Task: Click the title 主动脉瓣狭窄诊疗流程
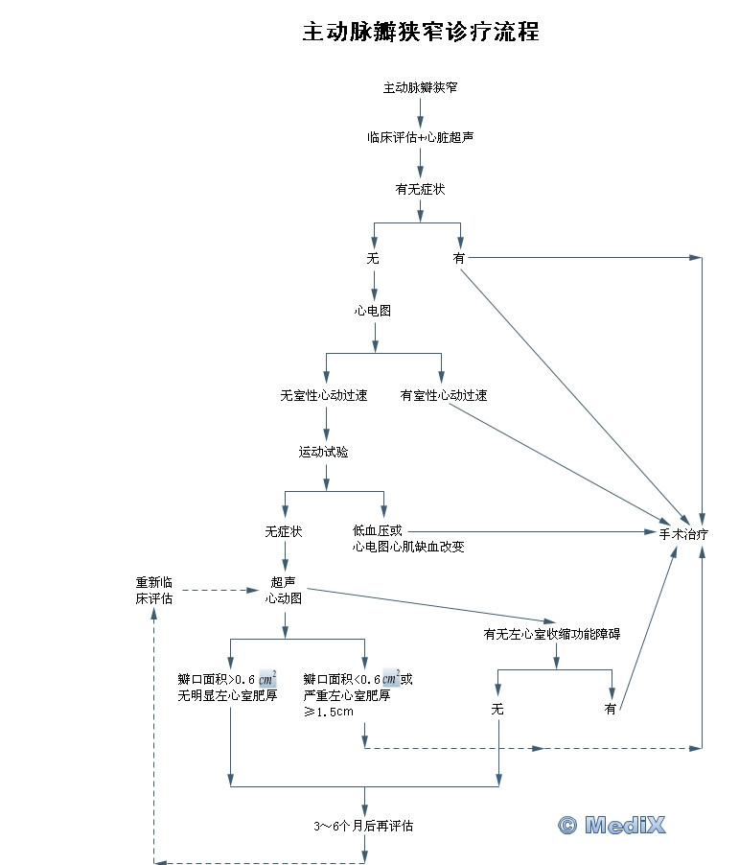point(421,32)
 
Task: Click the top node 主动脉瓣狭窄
point(420,87)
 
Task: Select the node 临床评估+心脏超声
point(420,137)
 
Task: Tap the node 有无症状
point(420,189)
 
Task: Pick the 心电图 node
point(373,311)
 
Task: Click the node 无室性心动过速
point(324,394)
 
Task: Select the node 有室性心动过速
point(444,394)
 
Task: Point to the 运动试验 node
point(324,451)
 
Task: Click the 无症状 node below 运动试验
point(284,530)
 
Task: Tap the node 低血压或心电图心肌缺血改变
point(409,539)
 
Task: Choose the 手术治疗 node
point(683,532)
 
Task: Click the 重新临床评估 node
point(154,590)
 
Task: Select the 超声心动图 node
point(284,590)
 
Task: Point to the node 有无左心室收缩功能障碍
point(552,634)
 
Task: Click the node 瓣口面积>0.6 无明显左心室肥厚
point(228,688)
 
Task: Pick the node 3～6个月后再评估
point(364,826)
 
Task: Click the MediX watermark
point(612,824)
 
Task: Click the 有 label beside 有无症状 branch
point(459,258)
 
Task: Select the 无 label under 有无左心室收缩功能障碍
point(497,709)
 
